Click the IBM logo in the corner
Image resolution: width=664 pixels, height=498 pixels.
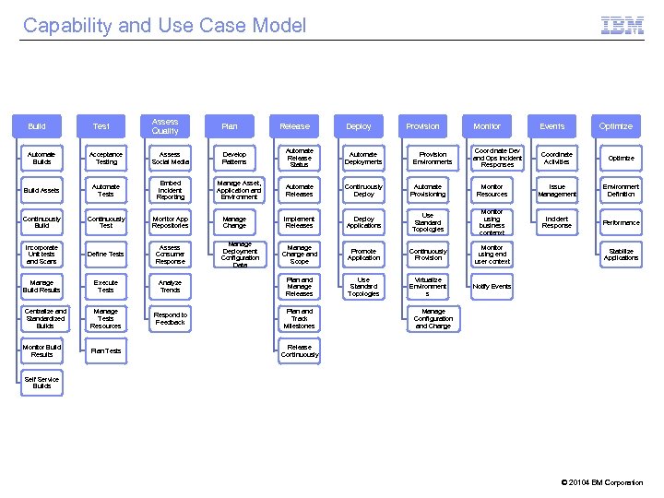(x=622, y=26)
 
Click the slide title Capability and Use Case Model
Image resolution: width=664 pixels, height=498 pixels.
(x=164, y=26)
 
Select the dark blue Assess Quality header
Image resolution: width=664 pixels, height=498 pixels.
(x=165, y=126)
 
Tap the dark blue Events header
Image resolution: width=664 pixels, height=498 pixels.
(x=551, y=126)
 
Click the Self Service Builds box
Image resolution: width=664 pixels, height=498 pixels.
(x=42, y=383)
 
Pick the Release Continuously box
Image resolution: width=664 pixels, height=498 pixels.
(x=300, y=350)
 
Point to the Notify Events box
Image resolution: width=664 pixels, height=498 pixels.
(x=492, y=286)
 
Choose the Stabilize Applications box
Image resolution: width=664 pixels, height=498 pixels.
(x=621, y=254)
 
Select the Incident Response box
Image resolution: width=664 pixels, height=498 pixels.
(x=556, y=221)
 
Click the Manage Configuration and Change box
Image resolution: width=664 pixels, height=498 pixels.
(x=433, y=319)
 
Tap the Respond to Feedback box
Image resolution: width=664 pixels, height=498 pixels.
(x=171, y=319)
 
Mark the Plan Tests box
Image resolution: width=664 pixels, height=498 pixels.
(x=106, y=350)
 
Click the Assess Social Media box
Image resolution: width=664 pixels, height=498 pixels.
(x=171, y=158)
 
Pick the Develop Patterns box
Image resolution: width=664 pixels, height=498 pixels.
(x=235, y=158)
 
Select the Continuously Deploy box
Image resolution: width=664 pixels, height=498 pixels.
(x=363, y=190)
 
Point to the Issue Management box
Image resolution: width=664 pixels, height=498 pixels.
(x=556, y=190)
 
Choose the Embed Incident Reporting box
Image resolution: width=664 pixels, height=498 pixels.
(x=171, y=190)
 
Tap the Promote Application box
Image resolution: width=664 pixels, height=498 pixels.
(x=363, y=254)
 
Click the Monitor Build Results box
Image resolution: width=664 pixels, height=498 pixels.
(x=42, y=350)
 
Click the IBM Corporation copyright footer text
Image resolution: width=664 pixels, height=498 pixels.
(x=602, y=482)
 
